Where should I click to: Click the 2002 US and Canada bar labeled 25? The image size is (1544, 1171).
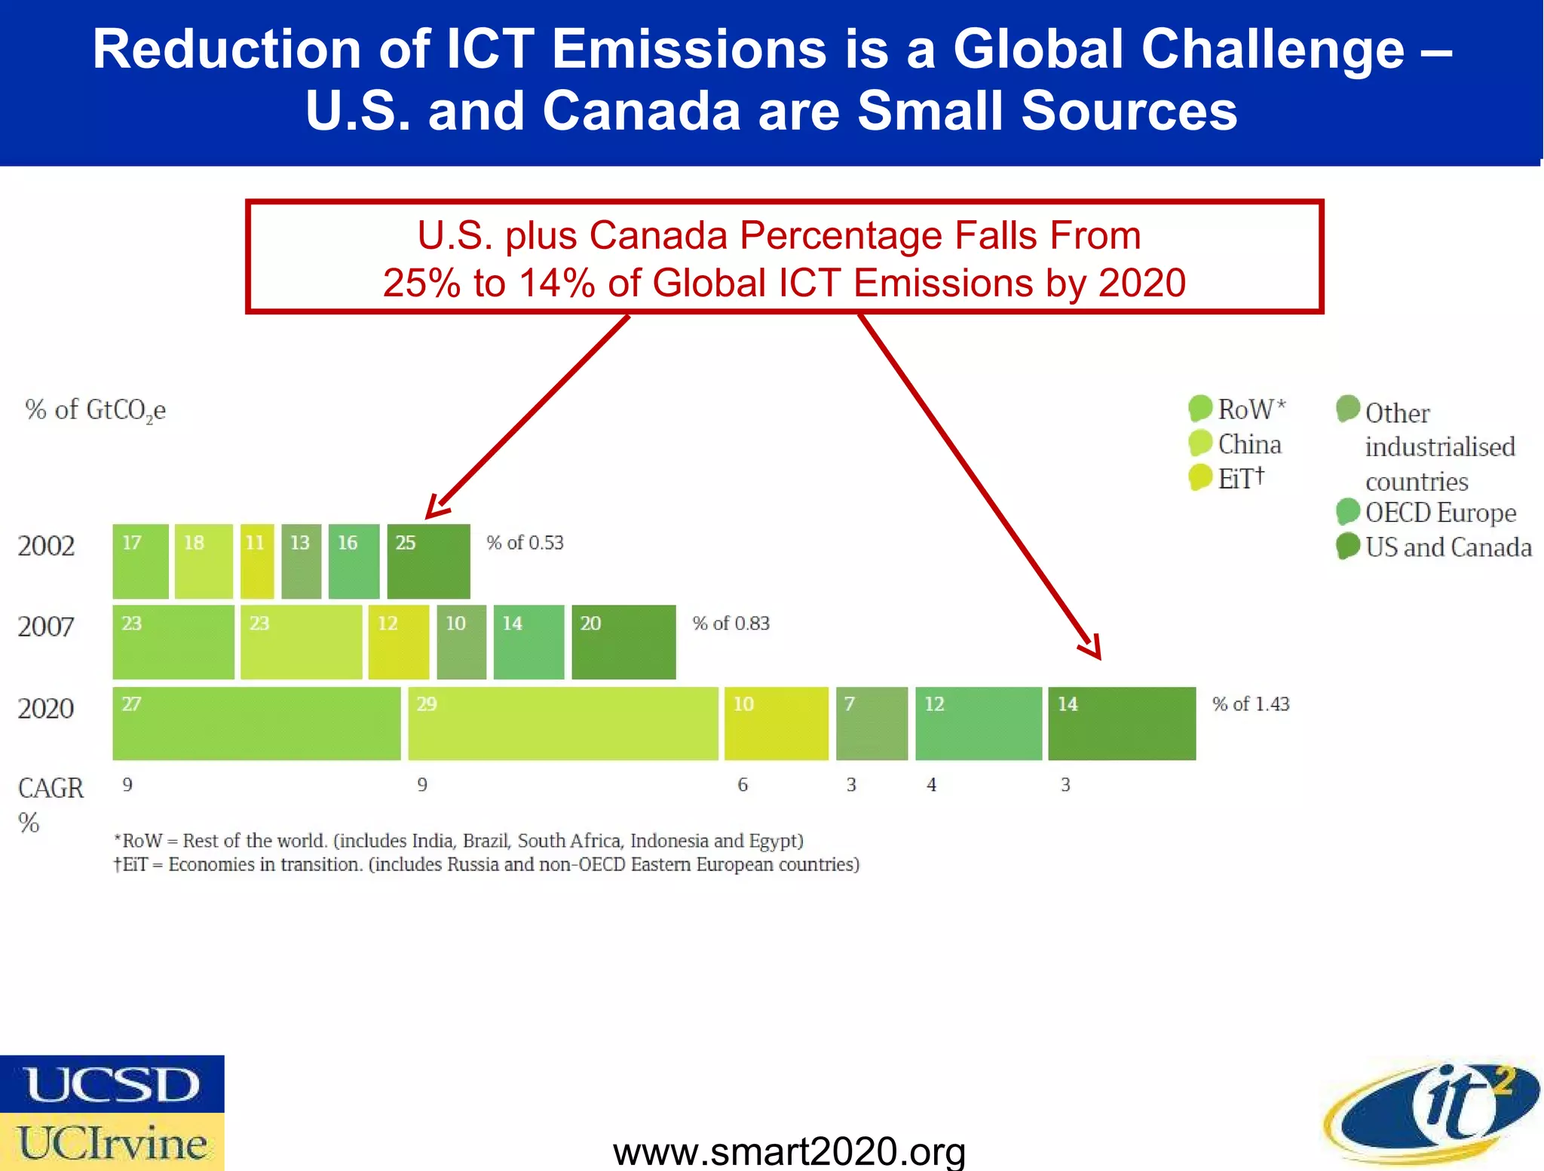(x=428, y=561)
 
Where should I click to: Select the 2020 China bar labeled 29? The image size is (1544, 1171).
(x=562, y=723)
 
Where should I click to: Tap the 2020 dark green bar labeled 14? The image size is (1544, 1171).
(x=1121, y=723)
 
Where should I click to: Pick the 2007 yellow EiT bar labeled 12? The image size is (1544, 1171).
(x=398, y=642)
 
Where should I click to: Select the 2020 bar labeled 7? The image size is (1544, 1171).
(x=872, y=723)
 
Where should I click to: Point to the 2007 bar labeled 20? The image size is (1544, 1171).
(x=623, y=642)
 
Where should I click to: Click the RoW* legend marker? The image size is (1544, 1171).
(x=1199, y=409)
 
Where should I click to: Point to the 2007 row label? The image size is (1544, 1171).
(x=46, y=627)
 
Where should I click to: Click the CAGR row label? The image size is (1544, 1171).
(x=50, y=789)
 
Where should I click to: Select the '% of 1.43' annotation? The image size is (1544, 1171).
(x=1250, y=704)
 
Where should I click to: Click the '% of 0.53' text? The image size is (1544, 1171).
(x=525, y=543)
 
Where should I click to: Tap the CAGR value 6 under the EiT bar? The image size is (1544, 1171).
(x=743, y=785)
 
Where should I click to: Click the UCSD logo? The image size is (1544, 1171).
(x=112, y=1084)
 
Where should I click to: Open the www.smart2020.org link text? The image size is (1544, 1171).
(x=789, y=1151)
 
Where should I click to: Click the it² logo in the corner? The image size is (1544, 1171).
(x=1432, y=1112)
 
